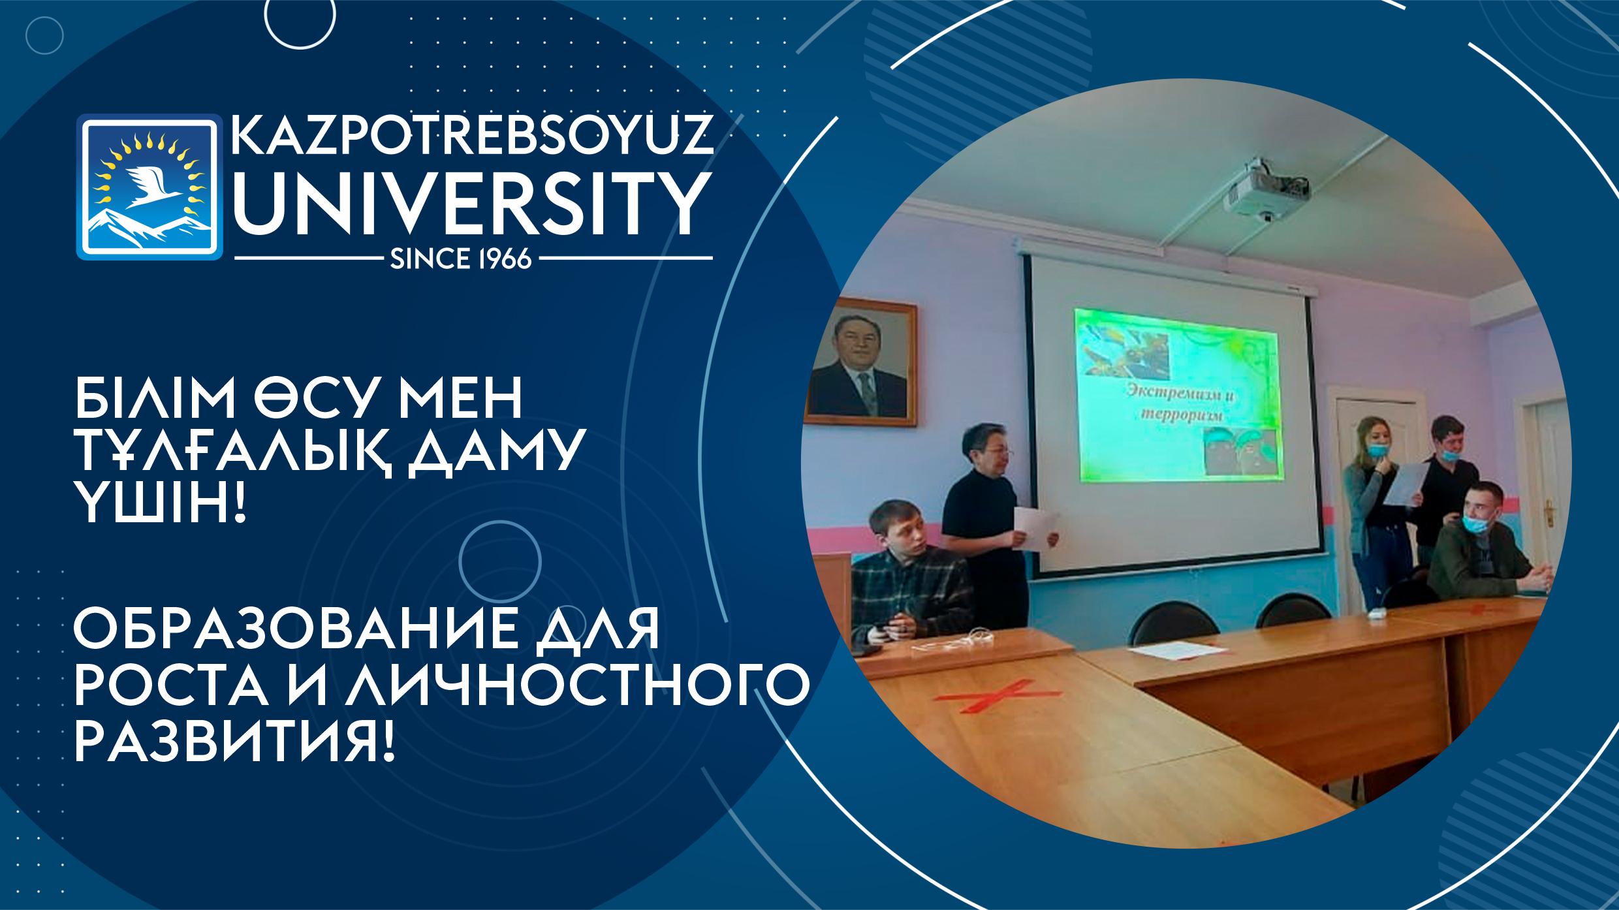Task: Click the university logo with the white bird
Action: pyautogui.click(x=149, y=187)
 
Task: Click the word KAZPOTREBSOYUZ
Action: pyautogui.click(x=472, y=135)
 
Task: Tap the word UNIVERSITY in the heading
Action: pyautogui.click(x=472, y=204)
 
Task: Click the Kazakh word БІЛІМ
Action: pyautogui.click(x=155, y=398)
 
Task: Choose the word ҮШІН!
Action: pyautogui.click(x=161, y=502)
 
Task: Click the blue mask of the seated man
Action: pyautogui.click(x=1477, y=523)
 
